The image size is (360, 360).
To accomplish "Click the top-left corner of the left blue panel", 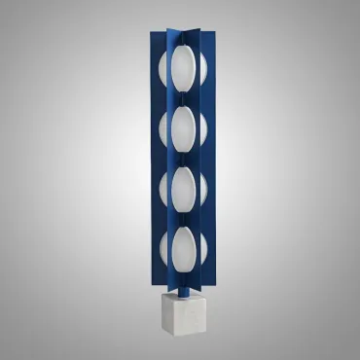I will pyautogui.click(x=151, y=31).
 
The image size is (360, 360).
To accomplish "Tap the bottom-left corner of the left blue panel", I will pyautogui.click(x=152, y=274).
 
